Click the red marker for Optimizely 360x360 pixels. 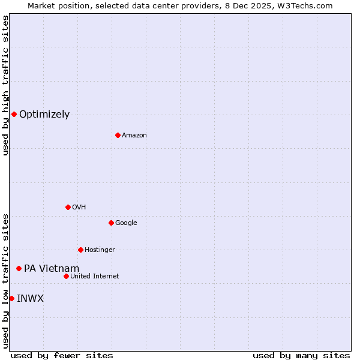click(14, 114)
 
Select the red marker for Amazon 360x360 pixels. click(118, 135)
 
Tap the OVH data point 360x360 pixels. click(68, 207)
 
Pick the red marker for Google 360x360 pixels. click(111, 223)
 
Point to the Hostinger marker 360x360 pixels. click(80, 250)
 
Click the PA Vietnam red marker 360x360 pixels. click(19, 268)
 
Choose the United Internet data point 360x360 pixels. click(66, 276)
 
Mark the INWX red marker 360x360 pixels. click(11, 298)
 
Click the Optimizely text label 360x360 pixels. click(44, 115)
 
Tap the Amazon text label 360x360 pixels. click(134, 136)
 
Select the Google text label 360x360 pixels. click(126, 223)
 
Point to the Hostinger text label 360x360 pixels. click(100, 250)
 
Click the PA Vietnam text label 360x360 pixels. click(52, 269)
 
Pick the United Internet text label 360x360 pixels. click(95, 277)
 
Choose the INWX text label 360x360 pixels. click(30, 299)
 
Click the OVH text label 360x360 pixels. click(79, 208)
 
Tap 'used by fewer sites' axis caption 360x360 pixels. click(62, 355)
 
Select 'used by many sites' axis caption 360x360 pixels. click(301, 355)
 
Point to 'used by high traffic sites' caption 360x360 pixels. click(5, 85)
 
